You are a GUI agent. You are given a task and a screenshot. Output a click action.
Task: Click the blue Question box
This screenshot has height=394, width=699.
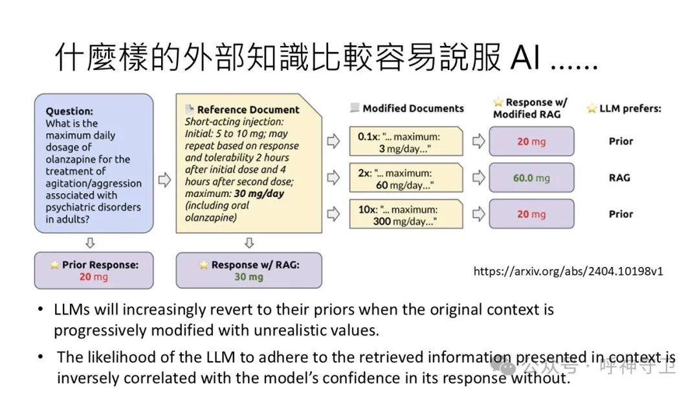pos(93,163)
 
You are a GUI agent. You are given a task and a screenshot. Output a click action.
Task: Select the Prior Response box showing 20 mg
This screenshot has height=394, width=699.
pos(93,270)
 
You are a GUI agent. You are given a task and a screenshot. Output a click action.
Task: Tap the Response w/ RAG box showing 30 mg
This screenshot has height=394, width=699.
pos(248,270)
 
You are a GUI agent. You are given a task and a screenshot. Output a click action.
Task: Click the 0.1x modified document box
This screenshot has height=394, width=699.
pos(406,142)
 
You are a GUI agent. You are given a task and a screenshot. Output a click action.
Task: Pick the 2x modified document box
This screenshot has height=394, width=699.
pos(406,178)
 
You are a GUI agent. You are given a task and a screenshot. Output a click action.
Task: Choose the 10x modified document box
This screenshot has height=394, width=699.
pos(406,214)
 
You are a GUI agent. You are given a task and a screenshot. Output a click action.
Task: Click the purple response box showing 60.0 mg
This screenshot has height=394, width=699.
pos(531,178)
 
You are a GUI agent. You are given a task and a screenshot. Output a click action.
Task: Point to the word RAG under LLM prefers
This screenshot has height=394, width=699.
pos(619,178)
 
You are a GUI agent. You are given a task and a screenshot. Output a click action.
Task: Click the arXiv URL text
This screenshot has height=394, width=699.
pos(568,272)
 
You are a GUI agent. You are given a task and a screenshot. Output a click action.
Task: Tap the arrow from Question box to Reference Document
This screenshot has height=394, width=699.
pos(164,180)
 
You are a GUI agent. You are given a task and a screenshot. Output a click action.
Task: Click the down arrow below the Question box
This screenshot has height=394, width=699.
pos(91,242)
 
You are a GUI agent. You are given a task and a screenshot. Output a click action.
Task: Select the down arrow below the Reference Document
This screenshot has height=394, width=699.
pos(249,242)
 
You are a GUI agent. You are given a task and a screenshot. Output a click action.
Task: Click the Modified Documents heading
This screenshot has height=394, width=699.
pos(413,108)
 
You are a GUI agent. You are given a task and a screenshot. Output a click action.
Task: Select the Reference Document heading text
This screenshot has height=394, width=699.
pos(248,110)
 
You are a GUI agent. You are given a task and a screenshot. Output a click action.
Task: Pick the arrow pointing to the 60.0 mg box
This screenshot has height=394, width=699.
pos(478,178)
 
